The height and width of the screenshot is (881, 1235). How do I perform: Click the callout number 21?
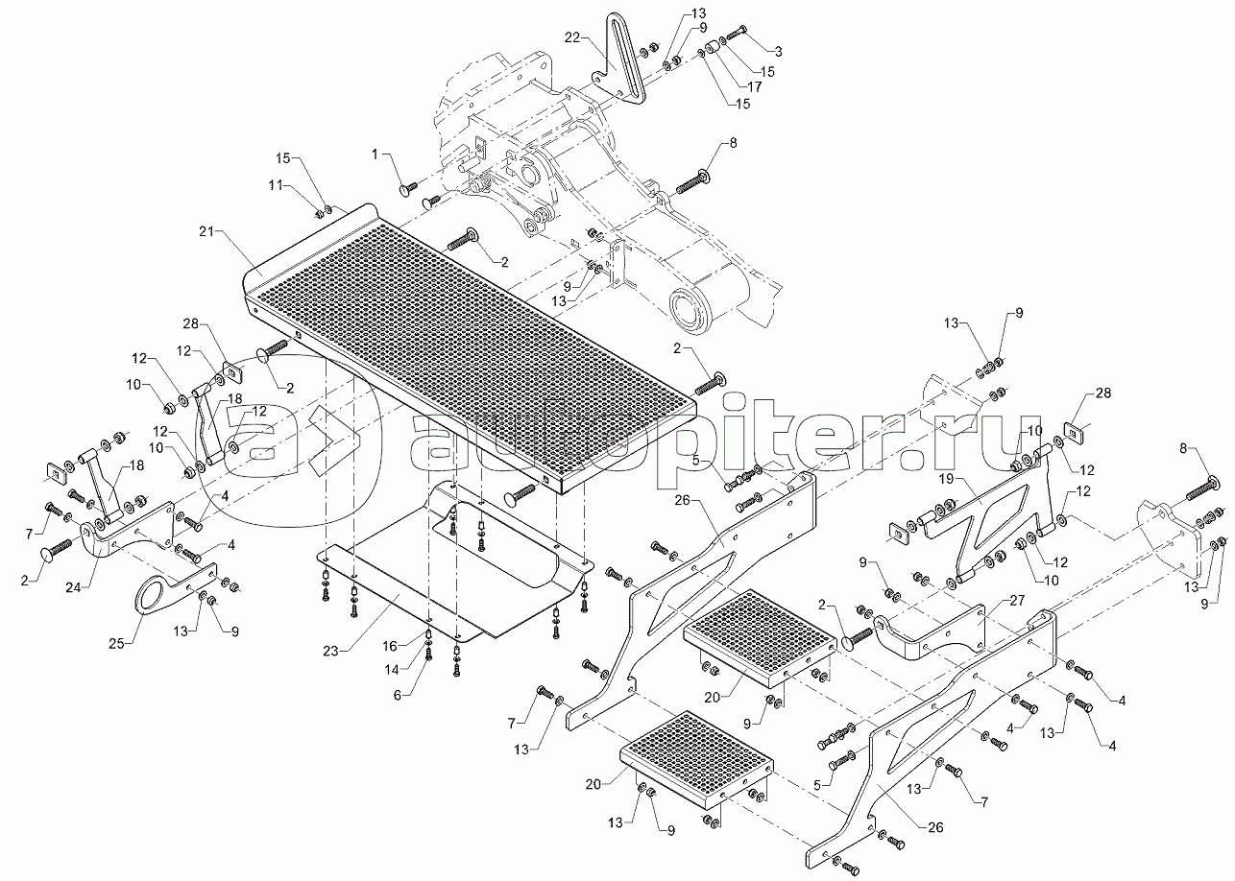206,232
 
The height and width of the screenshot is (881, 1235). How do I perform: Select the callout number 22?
572,37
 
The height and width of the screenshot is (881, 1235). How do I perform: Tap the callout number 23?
330,652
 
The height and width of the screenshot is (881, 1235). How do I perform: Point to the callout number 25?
116,643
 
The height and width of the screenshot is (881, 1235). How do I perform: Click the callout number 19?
946,479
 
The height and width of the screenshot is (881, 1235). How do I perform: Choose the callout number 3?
778,52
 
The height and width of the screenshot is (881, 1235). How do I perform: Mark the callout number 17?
754,86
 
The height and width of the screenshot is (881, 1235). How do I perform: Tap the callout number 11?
276,185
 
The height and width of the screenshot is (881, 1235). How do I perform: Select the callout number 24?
73,588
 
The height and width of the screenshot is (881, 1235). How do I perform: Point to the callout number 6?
397,696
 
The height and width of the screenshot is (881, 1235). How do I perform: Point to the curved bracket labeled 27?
932,634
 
